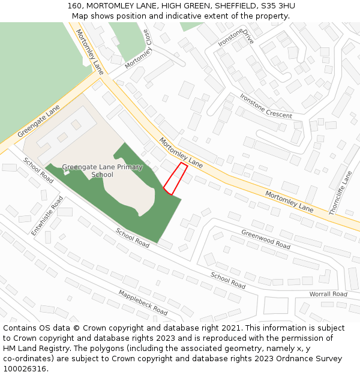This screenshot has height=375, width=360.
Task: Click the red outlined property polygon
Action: point(175,179)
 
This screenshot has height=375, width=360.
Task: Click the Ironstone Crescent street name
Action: point(266,106)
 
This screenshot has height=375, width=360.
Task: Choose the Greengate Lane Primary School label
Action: point(102,171)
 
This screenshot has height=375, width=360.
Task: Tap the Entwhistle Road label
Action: point(47,215)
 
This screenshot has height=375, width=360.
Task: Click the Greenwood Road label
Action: point(266,239)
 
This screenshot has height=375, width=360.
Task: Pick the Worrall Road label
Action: point(328,294)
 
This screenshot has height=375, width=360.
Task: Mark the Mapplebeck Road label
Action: point(143,302)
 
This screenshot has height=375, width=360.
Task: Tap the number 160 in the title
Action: point(74,6)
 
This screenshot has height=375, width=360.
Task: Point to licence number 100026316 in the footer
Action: point(26,369)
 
